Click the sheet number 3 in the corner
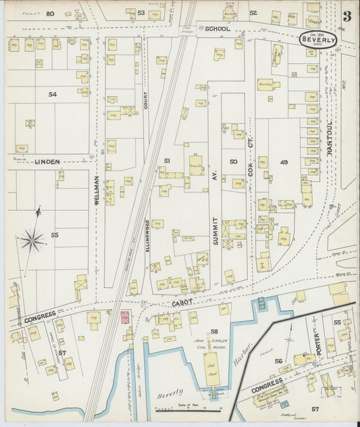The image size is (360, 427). coord(346,16)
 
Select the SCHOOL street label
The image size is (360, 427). coord(217,30)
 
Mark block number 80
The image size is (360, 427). coord(50,14)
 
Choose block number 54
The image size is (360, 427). coord(53,95)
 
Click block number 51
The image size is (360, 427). coord(168,160)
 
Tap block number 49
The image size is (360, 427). coord(284,162)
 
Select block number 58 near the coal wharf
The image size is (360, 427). coord(214,332)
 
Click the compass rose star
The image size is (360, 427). coord(32,239)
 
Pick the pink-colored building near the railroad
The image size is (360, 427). coord(125,317)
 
